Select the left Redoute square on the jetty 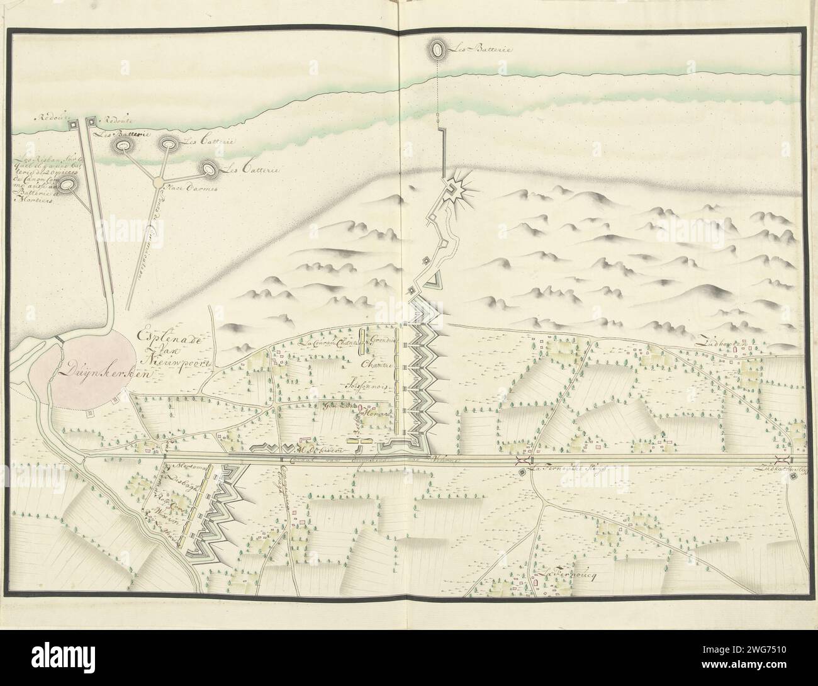tap(74, 125)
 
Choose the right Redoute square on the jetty tap(90, 120)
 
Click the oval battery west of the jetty tap(70, 184)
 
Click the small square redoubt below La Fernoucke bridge tap(522, 473)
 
